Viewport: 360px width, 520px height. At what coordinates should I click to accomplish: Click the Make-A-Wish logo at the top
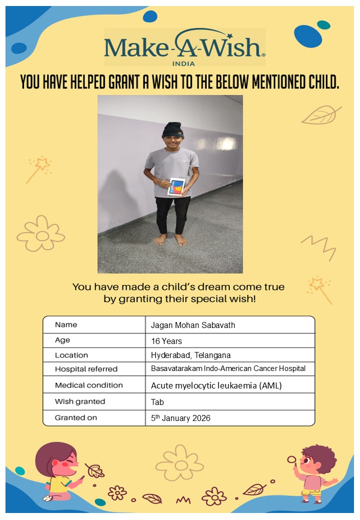click(184, 47)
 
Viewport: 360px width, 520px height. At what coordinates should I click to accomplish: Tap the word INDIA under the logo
click(183, 63)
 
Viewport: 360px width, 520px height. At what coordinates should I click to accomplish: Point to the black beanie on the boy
click(172, 129)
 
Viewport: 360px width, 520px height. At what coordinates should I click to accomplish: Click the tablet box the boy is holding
click(176, 186)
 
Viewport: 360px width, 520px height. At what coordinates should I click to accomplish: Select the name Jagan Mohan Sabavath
click(193, 325)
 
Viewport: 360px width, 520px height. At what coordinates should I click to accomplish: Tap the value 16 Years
click(166, 341)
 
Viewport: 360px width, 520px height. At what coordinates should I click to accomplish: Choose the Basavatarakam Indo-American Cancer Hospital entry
click(228, 369)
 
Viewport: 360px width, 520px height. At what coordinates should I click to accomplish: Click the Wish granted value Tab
click(157, 401)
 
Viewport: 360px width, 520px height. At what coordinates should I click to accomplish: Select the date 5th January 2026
click(180, 418)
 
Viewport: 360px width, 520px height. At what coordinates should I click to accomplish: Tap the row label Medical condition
click(88, 385)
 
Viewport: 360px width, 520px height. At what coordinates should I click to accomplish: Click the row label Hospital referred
click(86, 369)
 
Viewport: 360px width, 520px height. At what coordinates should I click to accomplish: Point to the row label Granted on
click(76, 417)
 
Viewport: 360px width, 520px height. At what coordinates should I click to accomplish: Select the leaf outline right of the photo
click(321, 114)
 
